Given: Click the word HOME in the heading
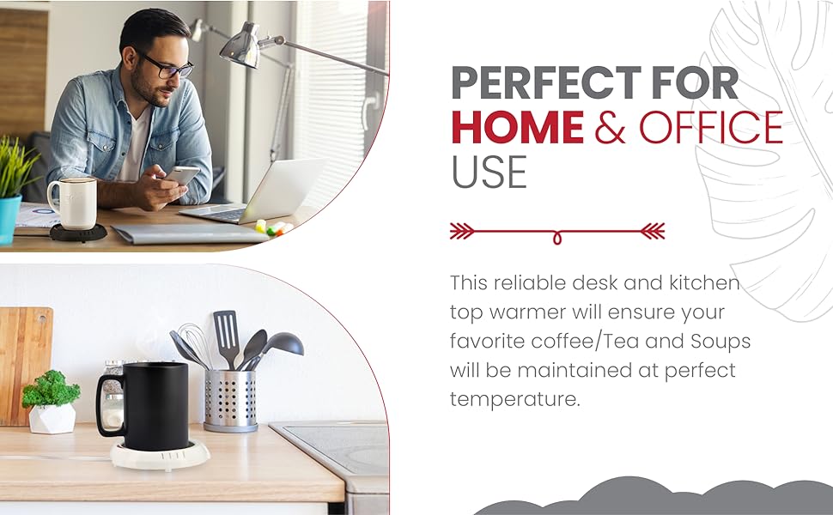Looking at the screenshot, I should (x=517, y=127).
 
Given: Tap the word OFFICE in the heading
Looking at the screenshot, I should (x=711, y=127).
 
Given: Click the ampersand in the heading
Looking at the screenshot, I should (x=611, y=127).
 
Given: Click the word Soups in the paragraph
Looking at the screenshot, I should (x=721, y=341).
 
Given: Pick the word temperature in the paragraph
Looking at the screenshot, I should (x=514, y=398).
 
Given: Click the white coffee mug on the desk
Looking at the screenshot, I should (x=72, y=203).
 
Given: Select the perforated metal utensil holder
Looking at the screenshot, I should (x=231, y=399).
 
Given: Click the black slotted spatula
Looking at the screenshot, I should (x=225, y=335).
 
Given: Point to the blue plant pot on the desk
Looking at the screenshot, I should (x=9, y=218).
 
